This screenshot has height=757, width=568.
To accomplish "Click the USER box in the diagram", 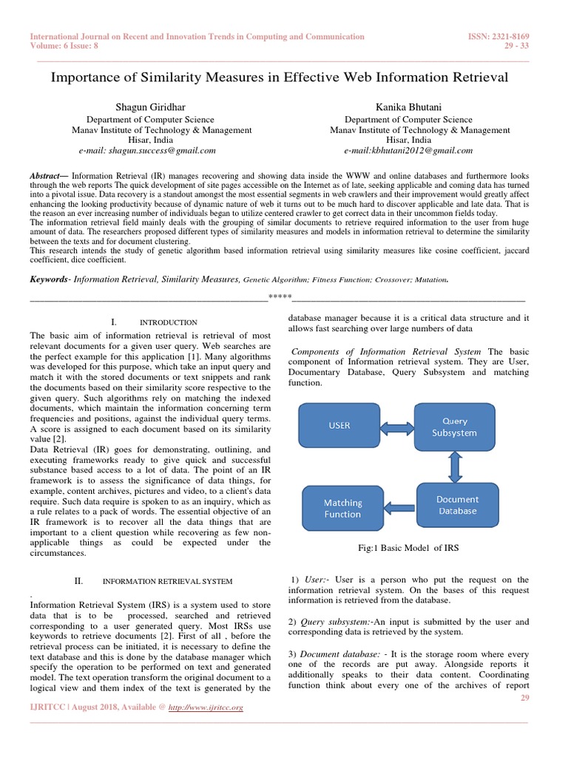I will click(x=339, y=425).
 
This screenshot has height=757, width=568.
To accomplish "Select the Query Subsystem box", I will click(x=454, y=427).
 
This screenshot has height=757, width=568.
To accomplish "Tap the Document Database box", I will click(x=457, y=505).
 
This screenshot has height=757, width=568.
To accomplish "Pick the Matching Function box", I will click(x=342, y=509).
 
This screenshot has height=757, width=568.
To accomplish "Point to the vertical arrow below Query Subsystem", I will click(x=455, y=466).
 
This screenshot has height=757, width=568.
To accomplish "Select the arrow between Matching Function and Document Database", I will click(x=400, y=506).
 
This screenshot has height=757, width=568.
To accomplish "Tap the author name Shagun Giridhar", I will click(x=150, y=107).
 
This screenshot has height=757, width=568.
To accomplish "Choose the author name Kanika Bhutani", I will click(x=408, y=107).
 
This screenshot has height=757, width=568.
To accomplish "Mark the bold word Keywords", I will click(x=47, y=279).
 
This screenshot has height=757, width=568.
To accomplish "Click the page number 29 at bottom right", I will click(x=524, y=698).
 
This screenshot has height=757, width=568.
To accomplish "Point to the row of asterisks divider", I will click(x=280, y=298).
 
